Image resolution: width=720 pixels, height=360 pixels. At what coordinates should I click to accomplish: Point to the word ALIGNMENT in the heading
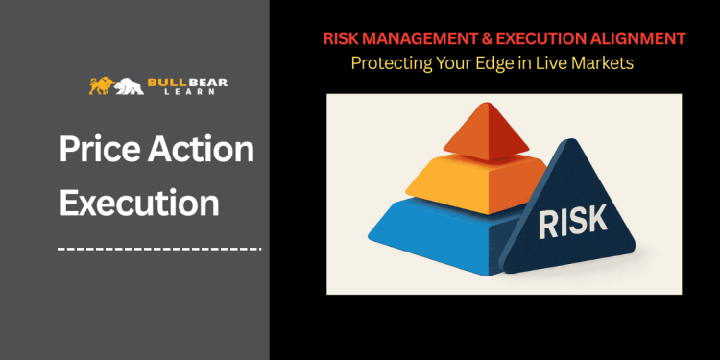coord(639,38)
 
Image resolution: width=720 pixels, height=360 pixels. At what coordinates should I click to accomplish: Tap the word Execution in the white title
coord(139,204)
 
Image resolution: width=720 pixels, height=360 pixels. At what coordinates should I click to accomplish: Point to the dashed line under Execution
coord(158,249)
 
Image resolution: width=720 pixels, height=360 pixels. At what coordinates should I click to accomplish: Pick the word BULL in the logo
coord(162,83)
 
